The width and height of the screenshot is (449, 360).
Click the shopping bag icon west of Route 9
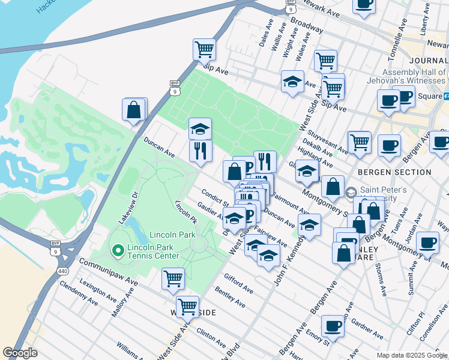(x=134, y=110)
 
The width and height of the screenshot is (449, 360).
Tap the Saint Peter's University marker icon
(x=352, y=193)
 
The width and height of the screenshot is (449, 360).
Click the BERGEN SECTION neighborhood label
(x=394, y=172)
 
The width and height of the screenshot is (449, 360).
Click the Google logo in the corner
(x=20, y=353)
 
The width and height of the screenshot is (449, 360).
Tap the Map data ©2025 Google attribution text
(x=411, y=355)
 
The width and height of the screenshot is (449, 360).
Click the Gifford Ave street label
(x=238, y=284)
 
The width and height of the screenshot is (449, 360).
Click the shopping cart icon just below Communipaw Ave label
(x=173, y=278)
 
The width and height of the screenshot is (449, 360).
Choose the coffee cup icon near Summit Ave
(x=427, y=242)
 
